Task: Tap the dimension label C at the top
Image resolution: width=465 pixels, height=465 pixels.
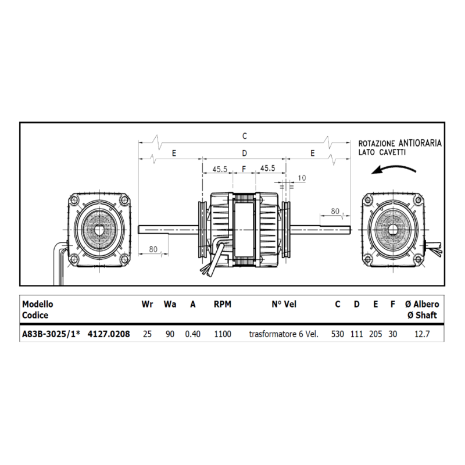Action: click(x=244, y=136)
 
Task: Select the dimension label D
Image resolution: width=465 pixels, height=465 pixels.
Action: click(x=244, y=153)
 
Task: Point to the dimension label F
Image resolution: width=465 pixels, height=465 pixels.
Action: click(x=244, y=169)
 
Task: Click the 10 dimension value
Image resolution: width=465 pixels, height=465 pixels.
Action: click(x=302, y=178)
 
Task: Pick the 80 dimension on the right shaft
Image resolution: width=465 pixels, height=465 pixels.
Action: click(x=335, y=211)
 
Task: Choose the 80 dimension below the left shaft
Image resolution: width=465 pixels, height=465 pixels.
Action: click(x=153, y=249)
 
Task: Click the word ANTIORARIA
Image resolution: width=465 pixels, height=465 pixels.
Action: click(x=420, y=143)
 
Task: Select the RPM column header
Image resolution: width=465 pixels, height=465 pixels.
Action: click(x=223, y=304)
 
